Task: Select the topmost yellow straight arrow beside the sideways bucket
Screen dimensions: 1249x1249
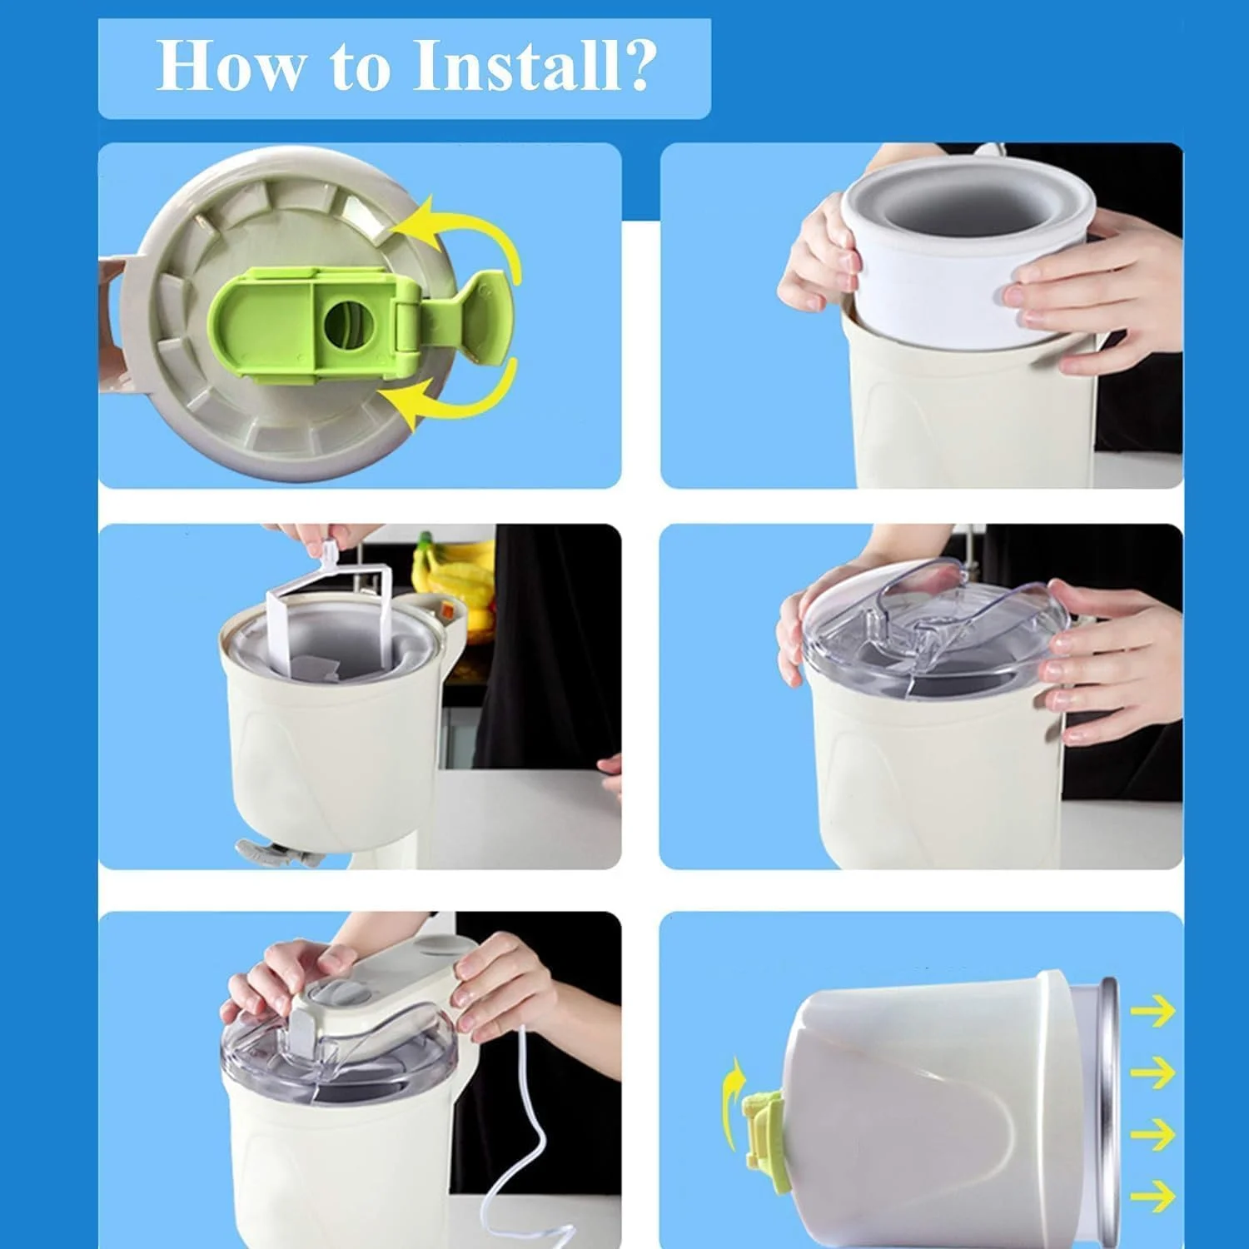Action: point(1152,1012)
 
